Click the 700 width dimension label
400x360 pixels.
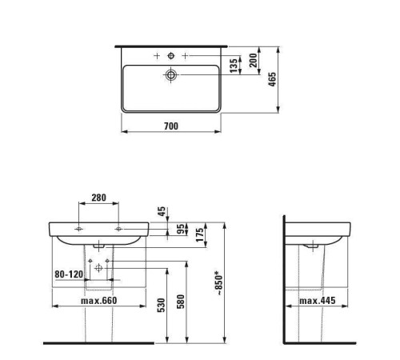(x=171, y=126)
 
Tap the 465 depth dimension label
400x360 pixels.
(x=272, y=79)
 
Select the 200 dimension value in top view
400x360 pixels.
(x=254, y=60)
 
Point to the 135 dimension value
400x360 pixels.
(x=234, y=66)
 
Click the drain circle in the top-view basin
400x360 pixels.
(x=171, y=75)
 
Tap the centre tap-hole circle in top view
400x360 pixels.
(x=171, y=56)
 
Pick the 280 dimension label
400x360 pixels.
(x=98, y=198)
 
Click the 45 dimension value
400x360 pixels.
(x=162, y=211)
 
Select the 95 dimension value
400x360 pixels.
(x=182, y=229)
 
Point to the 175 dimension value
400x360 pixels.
(x=200, y=235)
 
